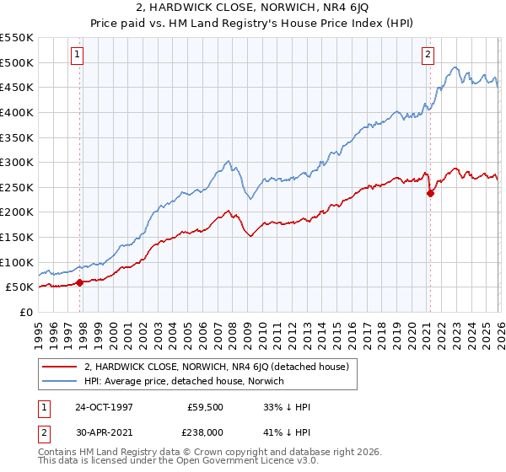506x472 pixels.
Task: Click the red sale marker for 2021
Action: point(430,193)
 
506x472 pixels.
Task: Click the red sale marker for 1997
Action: point(80,282)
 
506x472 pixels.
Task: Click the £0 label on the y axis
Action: point(26,312)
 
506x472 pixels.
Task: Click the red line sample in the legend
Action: point(61,367)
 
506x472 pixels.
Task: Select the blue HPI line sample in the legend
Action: point(61,382)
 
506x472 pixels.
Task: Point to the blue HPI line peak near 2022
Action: point(455,67)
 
